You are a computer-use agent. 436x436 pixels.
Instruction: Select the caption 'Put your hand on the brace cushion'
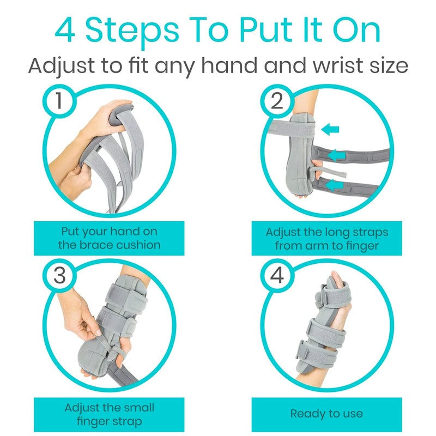click(x=109, y=238)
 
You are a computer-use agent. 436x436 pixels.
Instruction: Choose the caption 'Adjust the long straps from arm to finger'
click(x=326, y=238)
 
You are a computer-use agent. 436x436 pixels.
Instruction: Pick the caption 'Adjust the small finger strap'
click(x=109, y=414)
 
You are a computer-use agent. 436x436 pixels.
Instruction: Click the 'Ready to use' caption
click(x=326, y=414)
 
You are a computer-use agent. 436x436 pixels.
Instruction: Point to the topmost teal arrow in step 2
click(x=330, y=129)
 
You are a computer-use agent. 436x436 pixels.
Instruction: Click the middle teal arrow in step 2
click(x=338, y=155)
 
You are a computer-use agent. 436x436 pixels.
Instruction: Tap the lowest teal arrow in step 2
click(x=334, y=185)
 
